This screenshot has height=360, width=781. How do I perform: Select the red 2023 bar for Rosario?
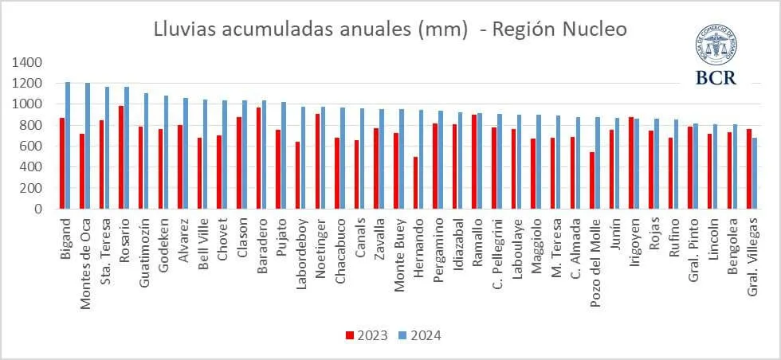pos(121,158)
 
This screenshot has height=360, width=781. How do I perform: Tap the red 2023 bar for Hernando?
pos(415,183)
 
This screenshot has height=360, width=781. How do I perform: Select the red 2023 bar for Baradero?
pos(259,158)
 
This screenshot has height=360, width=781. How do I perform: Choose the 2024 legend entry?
pos(421,335)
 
